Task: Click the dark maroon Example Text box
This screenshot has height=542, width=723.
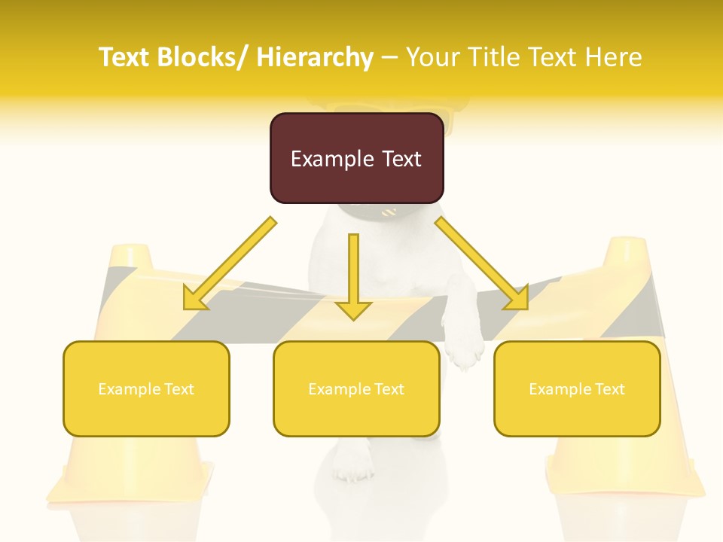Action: pyautogui.click(x=356, y=158)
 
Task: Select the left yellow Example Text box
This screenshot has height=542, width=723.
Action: pyautogui.click(x=146, y=388)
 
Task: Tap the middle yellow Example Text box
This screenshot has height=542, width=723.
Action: pyautogui.click(x=356, y=388)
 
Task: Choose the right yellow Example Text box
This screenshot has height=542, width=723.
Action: pyautogui.click(x=577, y=388)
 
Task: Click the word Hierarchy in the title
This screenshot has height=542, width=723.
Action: pyautogui.click(x=315, y=57)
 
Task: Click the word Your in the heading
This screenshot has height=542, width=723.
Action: pyautogui.click(x=431, y=57)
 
